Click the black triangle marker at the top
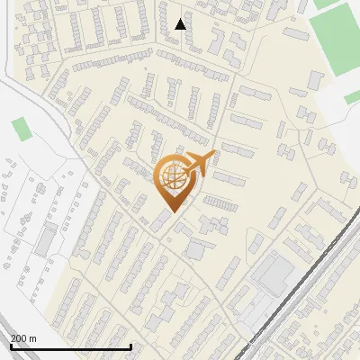[x=181, y=24]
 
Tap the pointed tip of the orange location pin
[x=171, y=211]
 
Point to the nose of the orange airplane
[x=213, y=156]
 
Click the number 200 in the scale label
[x=19, y=339]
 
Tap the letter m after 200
[x=32, y=339]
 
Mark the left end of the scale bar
[x=10, y=346]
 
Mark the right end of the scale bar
[x=131, y=346]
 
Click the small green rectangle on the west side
[x=21, y=128]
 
